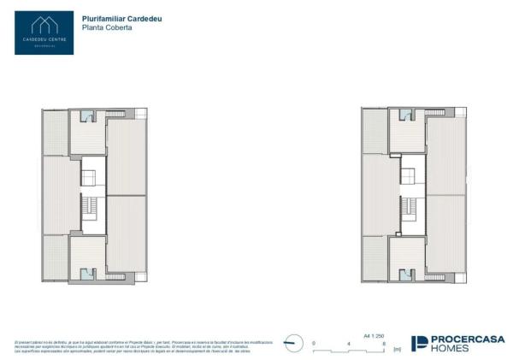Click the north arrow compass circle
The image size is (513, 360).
tap(293, 342)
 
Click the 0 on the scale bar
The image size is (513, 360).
tap(314, 344)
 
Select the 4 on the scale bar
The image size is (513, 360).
tap(349, 344)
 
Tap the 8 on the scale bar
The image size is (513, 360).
tap(384, 344)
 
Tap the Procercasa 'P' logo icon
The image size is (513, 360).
tap(421, 344)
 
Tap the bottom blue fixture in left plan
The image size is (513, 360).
tap(87, 274)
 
